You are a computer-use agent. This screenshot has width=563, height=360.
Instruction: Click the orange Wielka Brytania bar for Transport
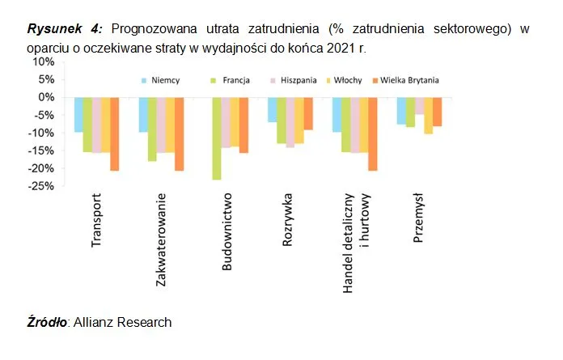pos(114,133)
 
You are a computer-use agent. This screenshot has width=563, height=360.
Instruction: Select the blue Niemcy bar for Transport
pos(78,114)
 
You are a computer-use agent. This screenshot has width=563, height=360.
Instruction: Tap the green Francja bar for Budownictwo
pos(216,138)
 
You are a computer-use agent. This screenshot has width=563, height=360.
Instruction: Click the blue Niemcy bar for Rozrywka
pos(272,109)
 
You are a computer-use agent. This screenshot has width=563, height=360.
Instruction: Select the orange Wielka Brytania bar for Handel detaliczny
pos(373,133)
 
